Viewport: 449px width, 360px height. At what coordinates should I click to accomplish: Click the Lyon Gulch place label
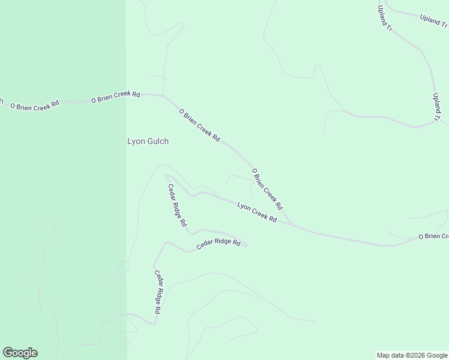pyautogui.click(x=148, y=142)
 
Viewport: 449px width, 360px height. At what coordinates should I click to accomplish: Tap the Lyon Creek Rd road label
pyautogui.click(x=256, y=213)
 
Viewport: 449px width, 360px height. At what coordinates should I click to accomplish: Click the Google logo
pyautogui.click(x=20, y=353)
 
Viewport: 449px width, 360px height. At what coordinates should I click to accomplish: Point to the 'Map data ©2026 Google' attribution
pyautogui.click(x=412, y=355)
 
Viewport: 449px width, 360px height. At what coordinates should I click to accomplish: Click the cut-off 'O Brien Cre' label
pyautogui.click(x=433, y=236)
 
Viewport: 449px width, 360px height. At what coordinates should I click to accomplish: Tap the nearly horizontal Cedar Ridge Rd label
pyautogui.click(x=218, y=244)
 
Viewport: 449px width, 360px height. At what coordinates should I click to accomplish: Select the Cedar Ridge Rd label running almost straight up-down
pyautogui.click(x=157, y=292)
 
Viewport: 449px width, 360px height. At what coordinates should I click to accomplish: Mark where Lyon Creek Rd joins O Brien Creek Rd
pyautogui.click(x=292, y=225)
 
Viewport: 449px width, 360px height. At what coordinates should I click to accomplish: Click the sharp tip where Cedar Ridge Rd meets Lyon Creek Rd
pyautogui.click(x=166, y=176)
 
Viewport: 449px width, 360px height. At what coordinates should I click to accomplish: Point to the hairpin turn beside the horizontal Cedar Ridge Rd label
pyautogui.click(x=246, y=244)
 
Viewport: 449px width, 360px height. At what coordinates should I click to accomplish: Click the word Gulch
pyautogui.click(x=157, y=142)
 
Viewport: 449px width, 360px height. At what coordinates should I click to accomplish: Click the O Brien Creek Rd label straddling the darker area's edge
pyautogui.click(x=115, y=97)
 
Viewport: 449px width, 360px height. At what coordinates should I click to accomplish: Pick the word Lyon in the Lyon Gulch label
pyautogui.click(x=136, y=142)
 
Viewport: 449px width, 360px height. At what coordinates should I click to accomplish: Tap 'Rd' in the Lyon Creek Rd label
pyautogui.click(x=273, y=219)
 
